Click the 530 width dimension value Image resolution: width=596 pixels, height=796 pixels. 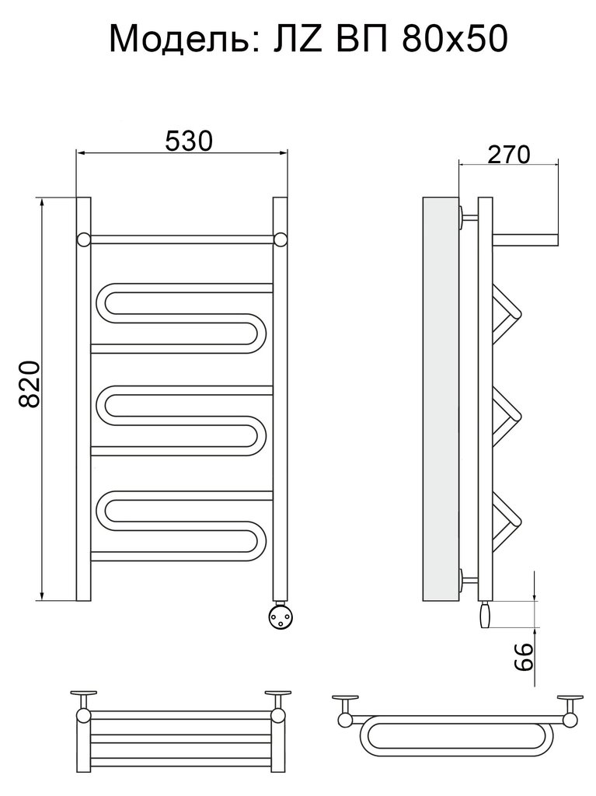[188, 141]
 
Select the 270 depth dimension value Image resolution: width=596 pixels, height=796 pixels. [509, 155]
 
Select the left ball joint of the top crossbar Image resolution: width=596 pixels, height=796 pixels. [84, 239]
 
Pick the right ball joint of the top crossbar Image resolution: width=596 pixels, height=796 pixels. [281, 239]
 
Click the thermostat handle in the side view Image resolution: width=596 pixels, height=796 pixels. [484, 614]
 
